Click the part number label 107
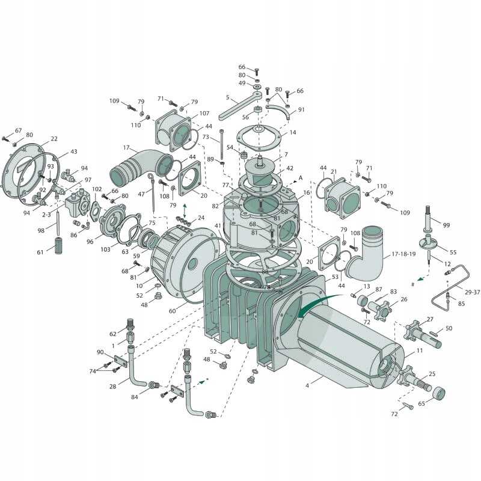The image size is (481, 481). [204, 113]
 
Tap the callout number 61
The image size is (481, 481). [40, 252]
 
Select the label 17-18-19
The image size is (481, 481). [403, 254]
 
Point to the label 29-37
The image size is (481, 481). [472, 292]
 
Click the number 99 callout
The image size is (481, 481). [446, 225]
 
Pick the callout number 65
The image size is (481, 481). [422, 403]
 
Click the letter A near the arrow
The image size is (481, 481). [300, 178]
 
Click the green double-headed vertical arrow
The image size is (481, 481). [185, 211]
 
